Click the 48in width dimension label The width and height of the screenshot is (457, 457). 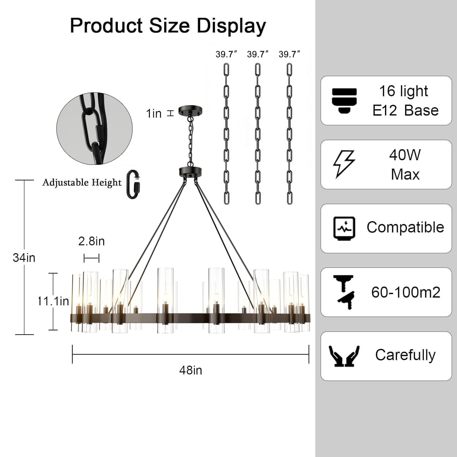pos(190,370)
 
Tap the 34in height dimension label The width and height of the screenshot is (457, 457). pos(24,258)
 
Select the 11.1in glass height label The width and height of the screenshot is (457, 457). pos(53,301)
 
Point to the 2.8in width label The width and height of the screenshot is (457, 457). pos(91,241)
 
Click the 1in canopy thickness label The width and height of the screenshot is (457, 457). pos(154,113)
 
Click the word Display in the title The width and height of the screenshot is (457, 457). pos(232,26)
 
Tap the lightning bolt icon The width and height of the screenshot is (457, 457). pos(344,164)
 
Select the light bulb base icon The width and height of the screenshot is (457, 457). pos(344,101)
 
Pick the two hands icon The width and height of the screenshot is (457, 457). pos(344,356)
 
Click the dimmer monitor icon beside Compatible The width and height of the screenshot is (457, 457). pos(344,228)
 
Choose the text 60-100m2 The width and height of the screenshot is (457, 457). pos(406,292)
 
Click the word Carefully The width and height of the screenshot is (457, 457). pos(405,355)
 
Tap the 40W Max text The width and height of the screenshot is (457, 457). pos(405,165)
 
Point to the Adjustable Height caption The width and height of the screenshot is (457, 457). pos(82,182)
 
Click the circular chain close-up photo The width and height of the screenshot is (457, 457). pos(94,129)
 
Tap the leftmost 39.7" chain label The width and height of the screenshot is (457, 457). pos(226,54)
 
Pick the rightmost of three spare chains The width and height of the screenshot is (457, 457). pos(289,133)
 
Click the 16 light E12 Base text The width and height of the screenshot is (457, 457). pos(405,101)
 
